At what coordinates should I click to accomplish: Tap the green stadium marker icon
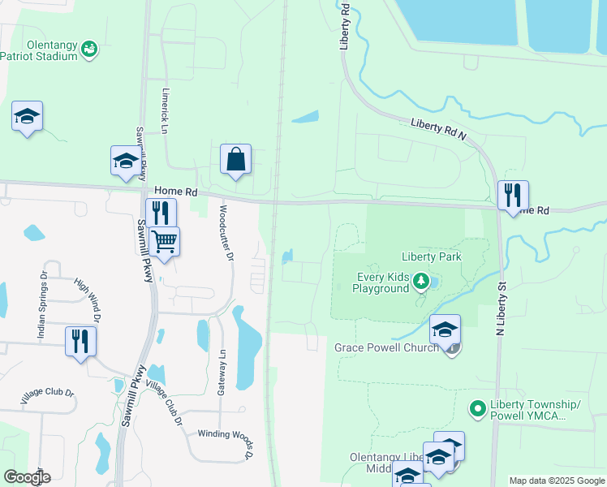pyautogui.click(x=90, y=50)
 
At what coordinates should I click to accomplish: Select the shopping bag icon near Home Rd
pyautogui.click(x=235, y=159)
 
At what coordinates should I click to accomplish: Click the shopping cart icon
pyautogui.click(x=164, y=241)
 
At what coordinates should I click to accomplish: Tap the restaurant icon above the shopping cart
pyautogui.click(x=161, y=213)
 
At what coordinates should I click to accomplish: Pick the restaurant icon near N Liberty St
pyautogui.click(x=513, y=196)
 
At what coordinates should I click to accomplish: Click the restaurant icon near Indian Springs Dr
pyautogui.click(x=80, y=341)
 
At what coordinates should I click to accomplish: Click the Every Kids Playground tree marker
pyautogui.click(x=420, y=282)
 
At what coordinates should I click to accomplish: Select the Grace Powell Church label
pyautogui.click(x=386, y=347)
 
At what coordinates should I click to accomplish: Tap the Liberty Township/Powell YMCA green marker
pyautogui.click(x=480, y=405)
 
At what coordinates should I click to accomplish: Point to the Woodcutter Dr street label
pyautogui.click(x=225, y=231)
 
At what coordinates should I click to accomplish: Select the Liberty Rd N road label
pyautogui.click(x=438, y=128)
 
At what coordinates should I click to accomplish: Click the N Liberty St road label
pyautogui.click(x=502, y=308)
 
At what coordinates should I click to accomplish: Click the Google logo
pyautogui.click(x=27, y=477)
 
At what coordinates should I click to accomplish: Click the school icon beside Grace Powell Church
pyautogui.click(x=445, y=330)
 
